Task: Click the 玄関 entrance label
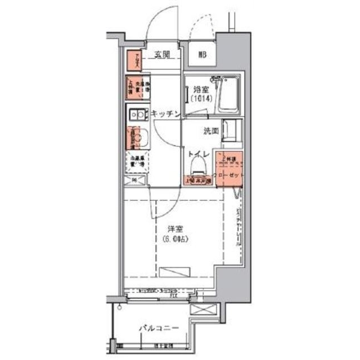pos(163,55)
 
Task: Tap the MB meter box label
pos(201,55)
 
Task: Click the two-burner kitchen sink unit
pos(137,115)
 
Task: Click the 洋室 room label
pos(175,229)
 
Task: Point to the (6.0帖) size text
pos(175,239)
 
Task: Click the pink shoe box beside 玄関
pos(133,61)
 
